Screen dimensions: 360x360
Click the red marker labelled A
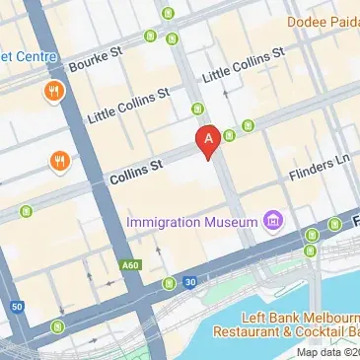click(x=207, y=140)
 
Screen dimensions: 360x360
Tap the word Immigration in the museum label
click(x=168, y=220)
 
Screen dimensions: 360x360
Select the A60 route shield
click(x=129, y=265)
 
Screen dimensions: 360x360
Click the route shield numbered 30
click(x=188, y=281)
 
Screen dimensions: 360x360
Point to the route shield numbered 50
click(x=18, y=308)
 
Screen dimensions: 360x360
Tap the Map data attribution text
click(x=329, y=353)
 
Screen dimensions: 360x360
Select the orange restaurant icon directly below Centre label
click(x=55, y=95)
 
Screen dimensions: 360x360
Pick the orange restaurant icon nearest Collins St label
click(x=61, y=160)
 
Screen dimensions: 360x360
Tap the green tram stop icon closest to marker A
click(x=229, y=135)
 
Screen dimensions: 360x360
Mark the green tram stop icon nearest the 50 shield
click(x=59, y=325)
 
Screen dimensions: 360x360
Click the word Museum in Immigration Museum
click(x=237, y=220)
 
